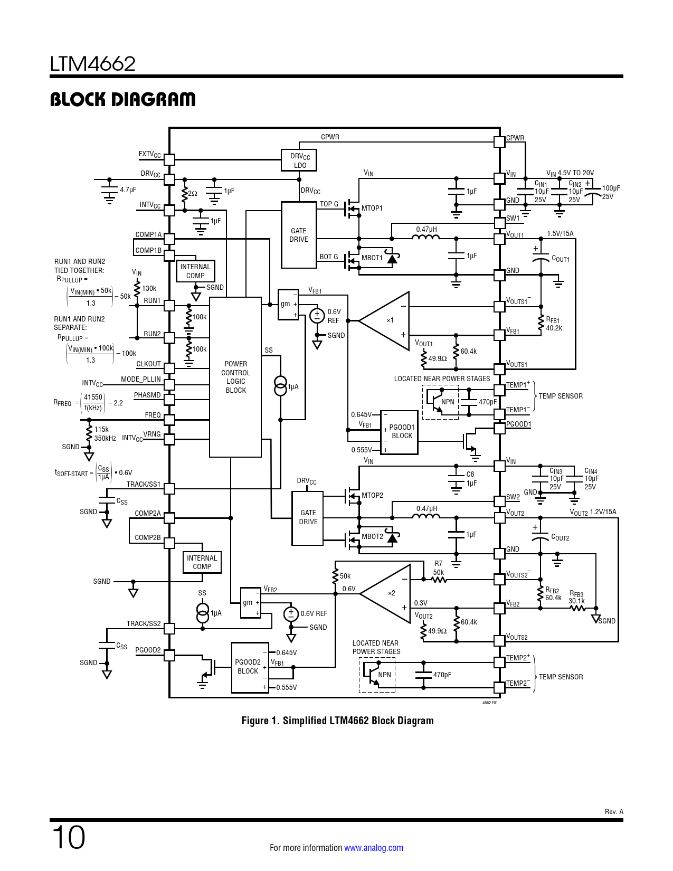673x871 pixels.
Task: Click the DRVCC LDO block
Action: (299, 160)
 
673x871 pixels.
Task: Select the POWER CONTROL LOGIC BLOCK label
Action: (235, 377)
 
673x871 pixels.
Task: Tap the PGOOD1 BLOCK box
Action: (399, 432)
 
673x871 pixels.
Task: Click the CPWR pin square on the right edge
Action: (499, 141)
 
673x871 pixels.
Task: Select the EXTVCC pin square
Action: (169, 159)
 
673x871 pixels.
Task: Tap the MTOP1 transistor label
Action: (372, 209)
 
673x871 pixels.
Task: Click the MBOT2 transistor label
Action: (372, 537)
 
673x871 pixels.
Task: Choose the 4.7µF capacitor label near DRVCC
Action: (128, 190)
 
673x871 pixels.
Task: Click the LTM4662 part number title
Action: (93, 64)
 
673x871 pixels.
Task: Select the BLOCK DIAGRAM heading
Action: (122, 99)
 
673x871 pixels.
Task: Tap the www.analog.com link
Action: (373, 848)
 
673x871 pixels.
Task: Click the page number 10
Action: (69, 837)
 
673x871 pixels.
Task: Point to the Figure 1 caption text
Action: (337, 721)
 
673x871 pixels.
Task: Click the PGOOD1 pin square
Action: (499, 428)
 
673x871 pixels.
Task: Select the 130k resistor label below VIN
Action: (149, 288)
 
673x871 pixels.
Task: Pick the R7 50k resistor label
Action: (439, 568)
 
